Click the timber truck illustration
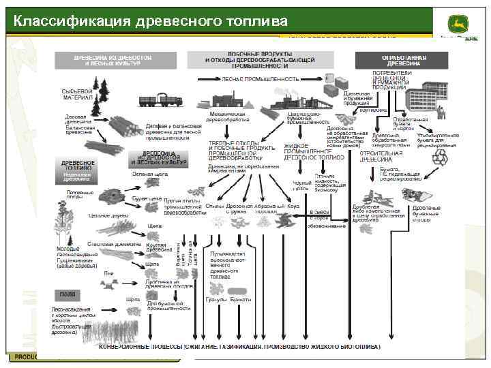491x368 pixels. [x=160, y=99]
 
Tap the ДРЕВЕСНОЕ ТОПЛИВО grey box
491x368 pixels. [x=77, y=167]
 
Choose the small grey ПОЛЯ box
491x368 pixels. [x=67, y=294]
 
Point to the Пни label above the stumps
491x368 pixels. [x=108, y=273]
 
